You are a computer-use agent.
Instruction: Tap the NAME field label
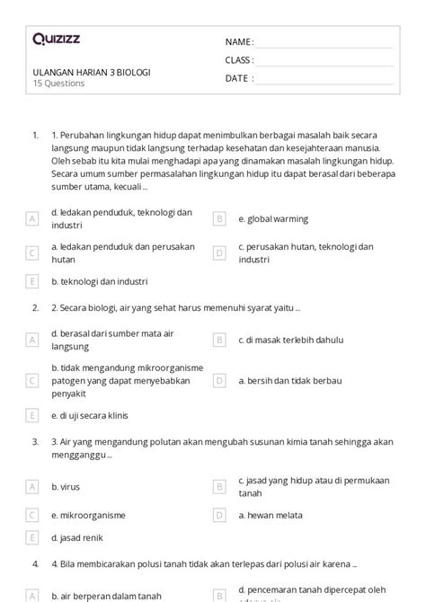click(x=238, y=42)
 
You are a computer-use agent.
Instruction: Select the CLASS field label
click(x=239, y=60)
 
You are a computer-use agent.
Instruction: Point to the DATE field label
click(x=238, y=78)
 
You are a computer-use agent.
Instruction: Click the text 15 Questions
click(x=59, y=84)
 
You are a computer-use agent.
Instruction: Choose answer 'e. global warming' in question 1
click(x=273, y=218)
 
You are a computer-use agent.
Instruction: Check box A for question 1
click(x=31, y=218)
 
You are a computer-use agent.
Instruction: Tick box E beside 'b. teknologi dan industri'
click(x=31, y=281)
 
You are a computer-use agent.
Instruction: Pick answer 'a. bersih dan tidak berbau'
click(x=289, y=381)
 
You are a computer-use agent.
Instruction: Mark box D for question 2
click(x=218, y=381)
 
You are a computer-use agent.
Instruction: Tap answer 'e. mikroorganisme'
click(x=88, y=516)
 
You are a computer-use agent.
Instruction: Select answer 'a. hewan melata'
click(x=271, y=516)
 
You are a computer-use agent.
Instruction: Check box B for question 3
click(x=218, y=486)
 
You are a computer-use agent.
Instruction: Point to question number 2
click(x=34, y=307)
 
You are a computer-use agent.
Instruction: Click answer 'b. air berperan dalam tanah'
click(x=106, y=595)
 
